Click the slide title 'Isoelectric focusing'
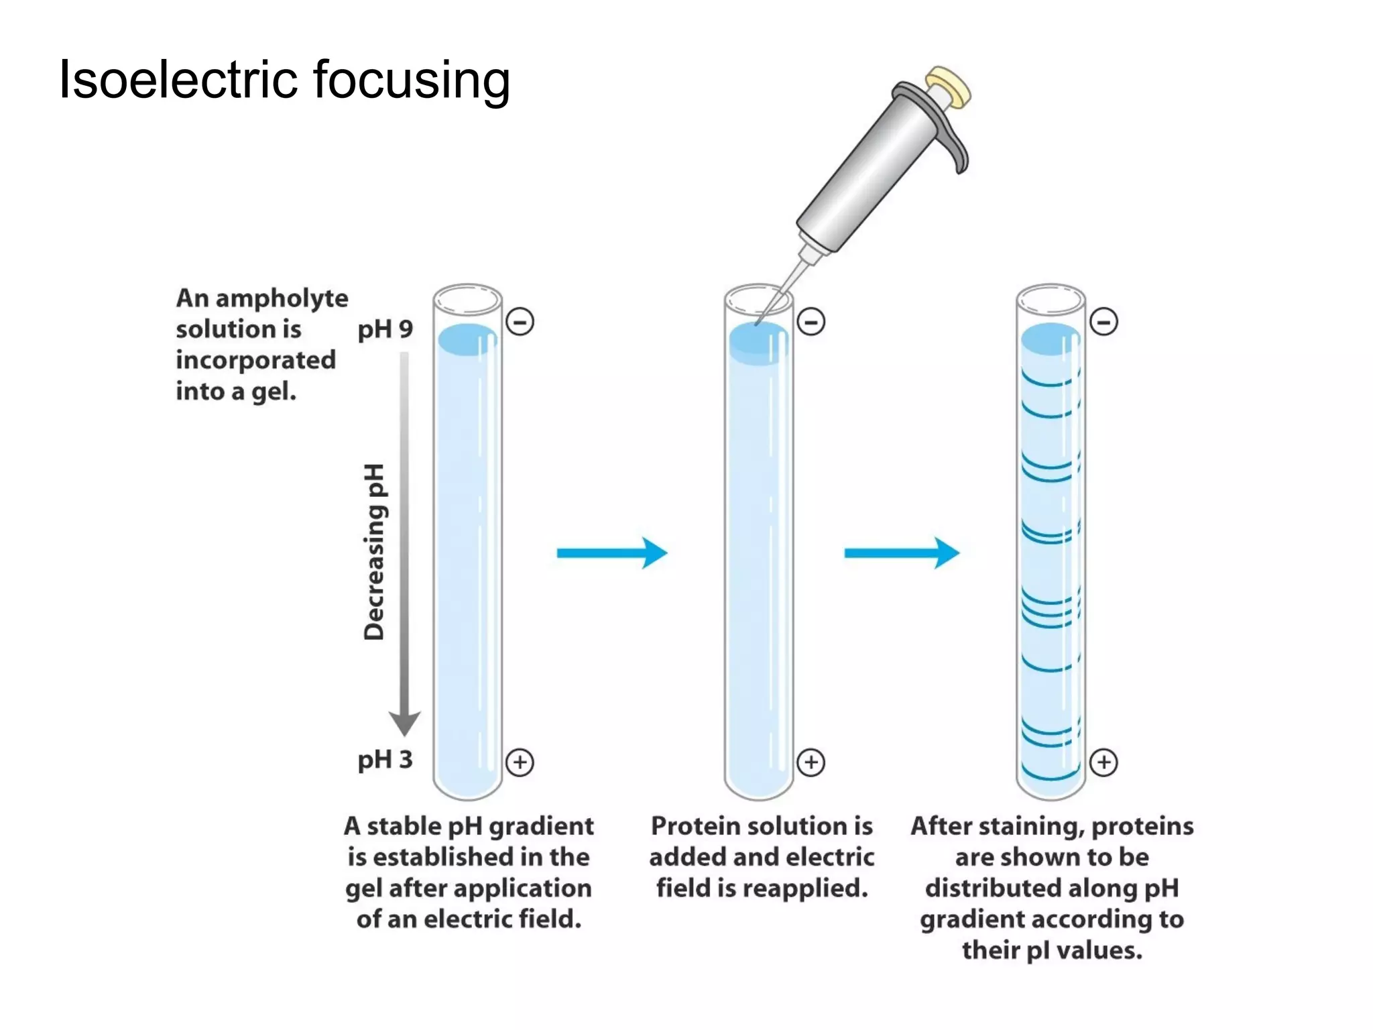coord(284,80)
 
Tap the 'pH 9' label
coord(385,329)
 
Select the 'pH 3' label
coord(385,760)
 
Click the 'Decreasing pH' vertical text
coord(374,551)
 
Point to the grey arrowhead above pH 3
coord(405,723)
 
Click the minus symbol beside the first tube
coord(520,322)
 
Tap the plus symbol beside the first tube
coord(520,762)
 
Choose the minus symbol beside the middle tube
coord(811,322)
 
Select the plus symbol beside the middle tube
coord(811,762)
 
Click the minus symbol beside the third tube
coord(1103,322)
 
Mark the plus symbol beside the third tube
coord(1103,762)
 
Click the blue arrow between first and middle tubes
coord(611,553)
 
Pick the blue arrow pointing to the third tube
coord(902,553)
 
